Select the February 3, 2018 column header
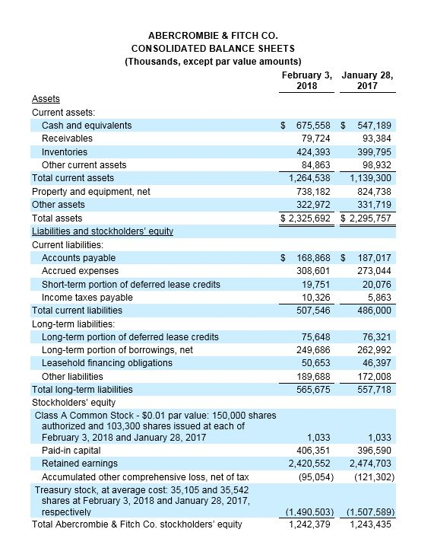[x=307, y=81]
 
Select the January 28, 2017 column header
[x=368, y=81]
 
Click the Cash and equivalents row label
[x=87, y=125]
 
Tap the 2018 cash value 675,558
[x=313, y=125]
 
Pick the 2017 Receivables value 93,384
[x=375, y=138]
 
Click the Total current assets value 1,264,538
[x=310, y=178]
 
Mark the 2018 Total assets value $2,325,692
[x=307, y=218]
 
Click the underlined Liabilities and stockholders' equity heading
[x=103, y=231]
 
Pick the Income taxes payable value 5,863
[x=380, y=297]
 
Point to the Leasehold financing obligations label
[x=106, y=362]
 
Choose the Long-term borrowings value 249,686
[x=313, y=349]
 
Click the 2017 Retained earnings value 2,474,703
[x=372, y=463]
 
